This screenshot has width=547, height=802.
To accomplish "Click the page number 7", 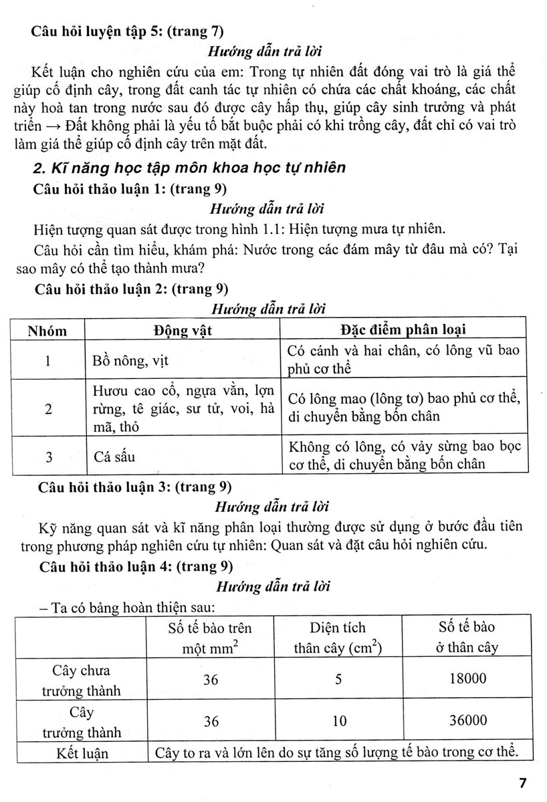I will coord(522,782).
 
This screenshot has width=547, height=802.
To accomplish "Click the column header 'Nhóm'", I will coord(47,331).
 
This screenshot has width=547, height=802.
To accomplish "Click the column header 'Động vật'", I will coord(181,331).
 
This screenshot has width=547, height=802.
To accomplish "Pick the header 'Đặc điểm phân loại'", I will coord(403,330).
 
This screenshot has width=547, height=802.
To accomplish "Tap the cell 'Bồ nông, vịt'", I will coord(131,361).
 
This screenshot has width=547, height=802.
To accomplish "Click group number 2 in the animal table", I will coord(48,409).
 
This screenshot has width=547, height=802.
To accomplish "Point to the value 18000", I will coord(468,678).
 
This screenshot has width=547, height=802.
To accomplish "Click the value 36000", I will coord(468,721).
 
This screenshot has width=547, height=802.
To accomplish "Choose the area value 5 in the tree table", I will coord(339,679).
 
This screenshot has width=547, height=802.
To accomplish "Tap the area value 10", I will coord(339,722).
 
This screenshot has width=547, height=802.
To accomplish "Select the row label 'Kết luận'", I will coord(83,753).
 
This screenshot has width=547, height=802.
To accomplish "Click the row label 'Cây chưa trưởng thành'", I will coord(83,679).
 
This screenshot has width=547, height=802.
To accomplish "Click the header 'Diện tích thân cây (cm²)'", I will coord(338,637).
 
